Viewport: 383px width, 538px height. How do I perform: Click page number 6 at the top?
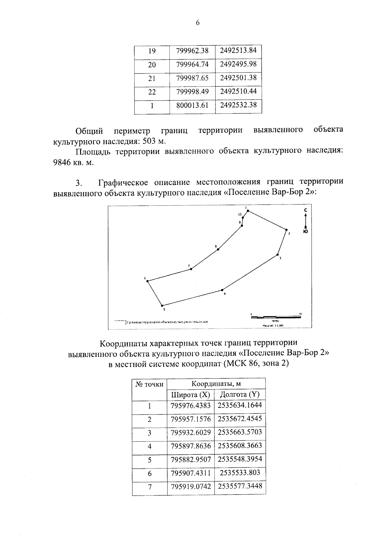point(198,23)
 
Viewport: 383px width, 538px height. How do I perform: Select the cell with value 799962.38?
point(192,51)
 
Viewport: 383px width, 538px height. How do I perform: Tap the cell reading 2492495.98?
point(238,64)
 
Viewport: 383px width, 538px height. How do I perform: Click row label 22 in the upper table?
point(152,92)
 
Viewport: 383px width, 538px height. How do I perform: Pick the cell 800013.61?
point(192,105)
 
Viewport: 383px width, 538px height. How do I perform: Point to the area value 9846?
point(61,162)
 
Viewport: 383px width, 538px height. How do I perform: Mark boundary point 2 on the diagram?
point(286,230)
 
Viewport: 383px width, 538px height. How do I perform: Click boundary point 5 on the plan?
point(162,305)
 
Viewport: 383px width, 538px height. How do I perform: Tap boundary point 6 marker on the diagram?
point(148,281)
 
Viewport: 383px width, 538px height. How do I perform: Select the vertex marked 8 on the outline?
point(218,249)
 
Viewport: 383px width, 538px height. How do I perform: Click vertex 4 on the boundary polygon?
point(222,290)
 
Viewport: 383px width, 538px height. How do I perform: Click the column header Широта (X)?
point(191,395)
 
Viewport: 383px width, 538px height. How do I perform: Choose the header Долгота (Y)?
point(240,395)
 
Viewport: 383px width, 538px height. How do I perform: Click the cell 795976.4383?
point(191,406)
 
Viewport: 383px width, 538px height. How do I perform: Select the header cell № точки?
point(150,384)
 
